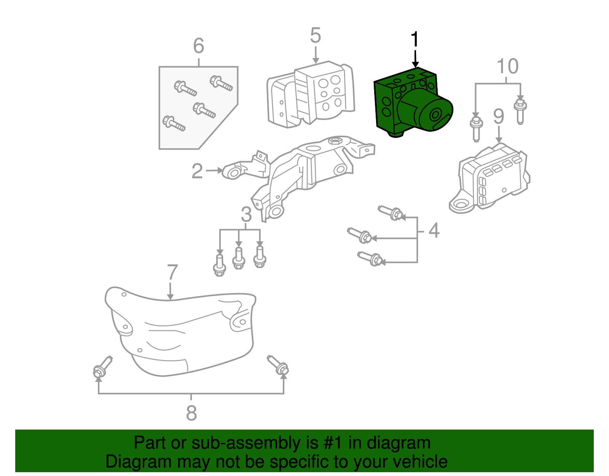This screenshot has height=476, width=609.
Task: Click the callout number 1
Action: (x=415, y=40)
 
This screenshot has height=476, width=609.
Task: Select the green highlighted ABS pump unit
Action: (x=411, y=103)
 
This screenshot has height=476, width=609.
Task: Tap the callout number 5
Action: (x=315, y=35)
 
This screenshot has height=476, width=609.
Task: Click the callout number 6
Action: (x=198, y=46)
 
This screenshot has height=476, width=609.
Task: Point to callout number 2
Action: (x=197, y=171)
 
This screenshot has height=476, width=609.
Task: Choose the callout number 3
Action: (x=246, y=215)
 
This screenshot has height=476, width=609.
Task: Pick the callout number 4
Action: (x=434, y=231)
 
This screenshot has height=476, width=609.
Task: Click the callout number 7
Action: (x=172, y=273)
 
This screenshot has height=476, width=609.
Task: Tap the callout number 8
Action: (x=191, y=413)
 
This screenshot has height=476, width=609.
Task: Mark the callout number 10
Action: (x=508, y=67)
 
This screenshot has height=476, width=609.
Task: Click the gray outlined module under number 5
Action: (x=310, y=95)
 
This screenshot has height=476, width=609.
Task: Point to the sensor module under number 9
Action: (x=491, y=177)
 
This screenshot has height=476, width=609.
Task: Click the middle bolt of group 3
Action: (x=239, y=259)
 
